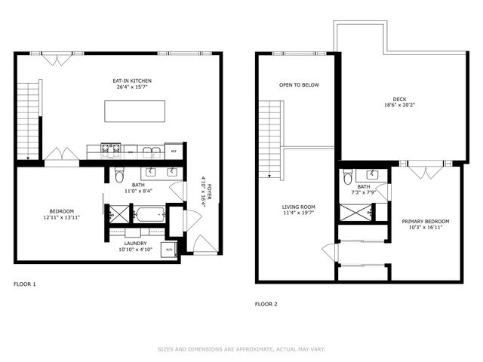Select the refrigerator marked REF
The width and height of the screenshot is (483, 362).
click(174, 150)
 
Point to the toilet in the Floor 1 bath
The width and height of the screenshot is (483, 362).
click(118, 176)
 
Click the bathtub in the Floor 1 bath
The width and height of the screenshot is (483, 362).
click(149, 215)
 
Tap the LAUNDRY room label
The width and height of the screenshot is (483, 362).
click(137, 242)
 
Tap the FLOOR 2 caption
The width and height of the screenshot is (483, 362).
click(266, 304)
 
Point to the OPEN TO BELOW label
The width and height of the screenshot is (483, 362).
click(299, 84)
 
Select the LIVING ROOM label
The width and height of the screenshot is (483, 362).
click(299, 206)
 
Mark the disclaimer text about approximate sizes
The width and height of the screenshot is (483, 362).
click(241, 349)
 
